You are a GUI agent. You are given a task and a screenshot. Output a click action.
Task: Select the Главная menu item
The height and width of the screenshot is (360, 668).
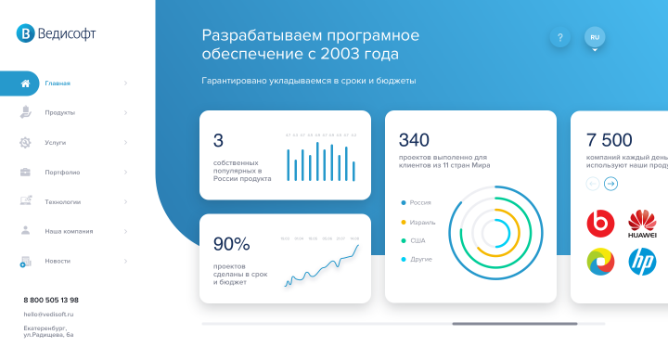(x=58, y=84)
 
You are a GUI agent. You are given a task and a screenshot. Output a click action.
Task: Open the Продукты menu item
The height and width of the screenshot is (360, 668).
(x=59, y=113)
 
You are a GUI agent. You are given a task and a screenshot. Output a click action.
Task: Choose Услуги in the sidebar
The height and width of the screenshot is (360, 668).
(x=55, y=143)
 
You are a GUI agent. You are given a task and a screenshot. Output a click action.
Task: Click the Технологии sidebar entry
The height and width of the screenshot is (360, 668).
(x=62, y=201)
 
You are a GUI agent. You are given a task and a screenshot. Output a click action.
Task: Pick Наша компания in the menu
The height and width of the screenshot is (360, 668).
(x=68, y=231)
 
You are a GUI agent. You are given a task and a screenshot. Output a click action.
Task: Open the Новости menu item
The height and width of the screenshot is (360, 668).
(x=58, y=261)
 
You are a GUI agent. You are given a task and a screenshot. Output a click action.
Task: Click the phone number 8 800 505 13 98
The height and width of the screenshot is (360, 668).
(x=51, y=300)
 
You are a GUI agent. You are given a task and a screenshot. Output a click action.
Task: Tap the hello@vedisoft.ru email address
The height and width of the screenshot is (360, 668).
(x=48, y=315)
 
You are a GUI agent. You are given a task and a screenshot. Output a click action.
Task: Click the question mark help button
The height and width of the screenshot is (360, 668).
(x=559, y=38)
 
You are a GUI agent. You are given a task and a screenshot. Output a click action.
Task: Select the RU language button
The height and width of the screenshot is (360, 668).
(x=595, y=37)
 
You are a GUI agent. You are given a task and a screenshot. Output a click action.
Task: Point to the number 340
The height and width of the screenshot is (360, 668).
(x=414, y=140)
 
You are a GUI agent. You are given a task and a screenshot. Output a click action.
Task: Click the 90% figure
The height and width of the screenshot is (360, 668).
(x=231, y=244)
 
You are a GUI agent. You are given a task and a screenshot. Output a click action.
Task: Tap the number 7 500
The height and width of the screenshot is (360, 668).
(x=609, y=140)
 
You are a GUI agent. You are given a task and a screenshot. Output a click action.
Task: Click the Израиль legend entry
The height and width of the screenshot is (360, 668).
(x=420, y=222)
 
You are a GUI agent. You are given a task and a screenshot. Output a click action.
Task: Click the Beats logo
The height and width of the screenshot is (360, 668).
(x=600, y=223)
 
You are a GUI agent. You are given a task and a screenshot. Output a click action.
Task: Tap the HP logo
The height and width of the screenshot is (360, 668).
(x=642, y=263)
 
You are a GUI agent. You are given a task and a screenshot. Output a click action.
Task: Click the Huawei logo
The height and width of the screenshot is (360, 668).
(x=642, y=223)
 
